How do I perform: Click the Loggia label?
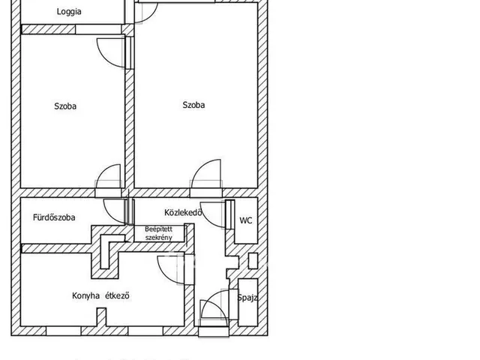pyautogui.click(x=69, y=12)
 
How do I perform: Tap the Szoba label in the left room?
pyautogui.click(x=65, y=106)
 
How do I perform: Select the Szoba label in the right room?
pyautogui.click(x=193, y=105)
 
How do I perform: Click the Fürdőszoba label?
pyautogui.click(x=54, y=217)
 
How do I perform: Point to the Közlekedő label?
pyautogui.click(x=183, y=212)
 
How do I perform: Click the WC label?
pyautogui.click(x=246, y=220)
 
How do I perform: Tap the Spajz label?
pyautogui.click(x=247, y=298)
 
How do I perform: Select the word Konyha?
pyautogui.click(x=86, y=295)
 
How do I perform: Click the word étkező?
pyautogui.click(x=117, y=295)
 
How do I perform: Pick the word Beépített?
pyautogui.click(x=158, y=229)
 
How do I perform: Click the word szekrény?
pyautogui.click(x=158, y=238)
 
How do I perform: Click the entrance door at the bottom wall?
pyautogui.click(x=214, y=331)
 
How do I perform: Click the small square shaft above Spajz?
pyautogui.click(x=253, y=261)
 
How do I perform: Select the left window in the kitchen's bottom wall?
pyautogui.click(x=64, y=331)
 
